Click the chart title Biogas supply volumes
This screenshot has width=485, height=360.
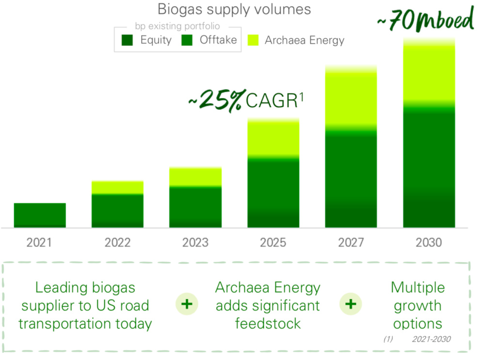coord(234,10)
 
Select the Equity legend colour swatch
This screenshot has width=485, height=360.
coord(128,40)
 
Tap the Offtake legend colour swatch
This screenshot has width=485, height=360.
coord(187,40)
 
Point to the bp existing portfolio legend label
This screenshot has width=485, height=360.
coord(177,26)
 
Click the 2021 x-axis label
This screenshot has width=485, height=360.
coord(40,242)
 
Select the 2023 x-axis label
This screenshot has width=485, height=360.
coord(195,242)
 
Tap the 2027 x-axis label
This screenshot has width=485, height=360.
coord(351,242)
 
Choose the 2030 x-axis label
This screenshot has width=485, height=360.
coord(429,242)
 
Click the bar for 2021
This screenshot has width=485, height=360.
coord(40,215)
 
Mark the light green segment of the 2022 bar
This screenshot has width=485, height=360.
coord(117,187)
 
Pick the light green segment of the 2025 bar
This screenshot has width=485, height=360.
coord(273,138)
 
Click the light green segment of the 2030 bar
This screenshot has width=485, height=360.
coord(429,73)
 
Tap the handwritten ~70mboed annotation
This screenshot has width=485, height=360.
coord(425,21)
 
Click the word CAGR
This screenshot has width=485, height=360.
coord(271,101)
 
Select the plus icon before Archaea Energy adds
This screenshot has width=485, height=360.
coord(187,304)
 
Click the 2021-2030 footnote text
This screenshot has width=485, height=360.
coord(431,339)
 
